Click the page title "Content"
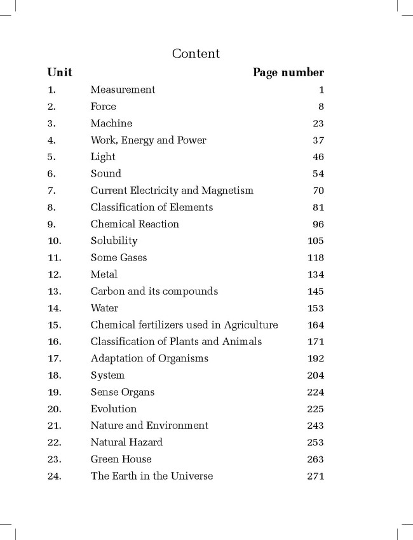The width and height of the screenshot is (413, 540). click(196, 53)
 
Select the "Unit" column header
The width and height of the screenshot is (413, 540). click(60, 72)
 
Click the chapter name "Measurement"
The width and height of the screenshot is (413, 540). click(123, 90)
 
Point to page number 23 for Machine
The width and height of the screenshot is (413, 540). click(318, 123)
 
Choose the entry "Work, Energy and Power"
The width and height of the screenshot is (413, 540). click(148, 140)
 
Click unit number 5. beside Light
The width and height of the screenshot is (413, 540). click(52, 157)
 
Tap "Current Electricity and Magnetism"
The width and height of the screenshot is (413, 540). click(172, 191)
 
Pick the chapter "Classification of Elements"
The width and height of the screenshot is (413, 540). click(151, 207)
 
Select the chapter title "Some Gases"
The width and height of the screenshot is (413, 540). click(119, 258)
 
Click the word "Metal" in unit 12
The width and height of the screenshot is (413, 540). click(104, 274)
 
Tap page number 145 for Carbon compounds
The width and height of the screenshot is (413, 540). click(315, 292)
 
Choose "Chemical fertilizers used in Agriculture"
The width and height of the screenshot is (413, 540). click(184, 325)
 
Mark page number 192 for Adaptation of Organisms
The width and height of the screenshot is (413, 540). click(315, 359)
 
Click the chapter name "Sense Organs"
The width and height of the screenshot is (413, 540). click(122, 392)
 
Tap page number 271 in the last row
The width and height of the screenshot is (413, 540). click(315, 476)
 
